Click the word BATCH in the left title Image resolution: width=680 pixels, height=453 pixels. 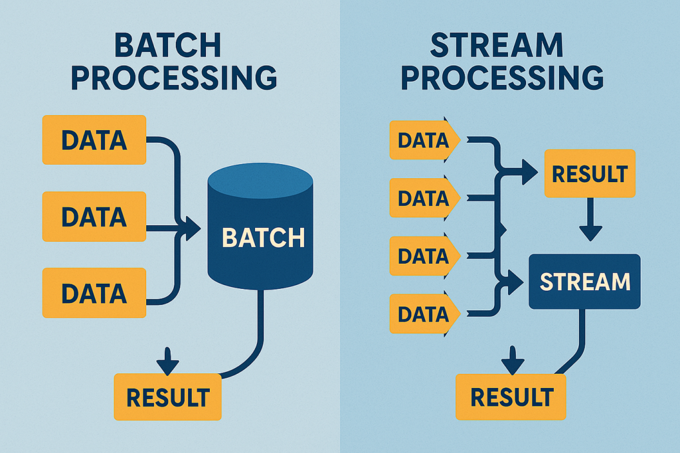click(168, 46)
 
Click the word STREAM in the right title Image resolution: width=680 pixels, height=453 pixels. click(497, 45)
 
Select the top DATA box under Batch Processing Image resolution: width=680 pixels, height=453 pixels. click(94, 139)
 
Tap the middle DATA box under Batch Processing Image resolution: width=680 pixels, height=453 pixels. click(94, 217)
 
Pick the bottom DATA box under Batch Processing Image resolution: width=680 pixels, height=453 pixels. click(94, 293)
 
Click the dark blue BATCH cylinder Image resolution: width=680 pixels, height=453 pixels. click(260, 226)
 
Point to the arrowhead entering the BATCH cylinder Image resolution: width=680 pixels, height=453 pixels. click(193, 228)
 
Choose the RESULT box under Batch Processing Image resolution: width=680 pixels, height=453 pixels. click(168, 397)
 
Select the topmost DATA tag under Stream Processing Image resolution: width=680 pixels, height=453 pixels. click(424, 140)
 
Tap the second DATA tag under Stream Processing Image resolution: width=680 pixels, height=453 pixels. click(424, 198)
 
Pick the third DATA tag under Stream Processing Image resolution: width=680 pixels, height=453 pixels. click(424, 256)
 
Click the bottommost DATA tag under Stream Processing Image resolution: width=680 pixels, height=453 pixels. click(424, 314)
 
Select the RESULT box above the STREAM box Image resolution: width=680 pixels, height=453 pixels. click(590, 173)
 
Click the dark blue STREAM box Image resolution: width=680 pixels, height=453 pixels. click(584, 282)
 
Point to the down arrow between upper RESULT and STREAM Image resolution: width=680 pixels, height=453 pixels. click(590, 220)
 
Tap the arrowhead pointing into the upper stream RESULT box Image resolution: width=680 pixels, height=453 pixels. click(529, 172)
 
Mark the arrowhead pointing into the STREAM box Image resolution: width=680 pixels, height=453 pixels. click(515, 282)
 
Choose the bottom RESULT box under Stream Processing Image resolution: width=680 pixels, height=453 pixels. click(511, 397)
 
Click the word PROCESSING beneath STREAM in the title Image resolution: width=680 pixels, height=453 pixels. click(502, 78)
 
